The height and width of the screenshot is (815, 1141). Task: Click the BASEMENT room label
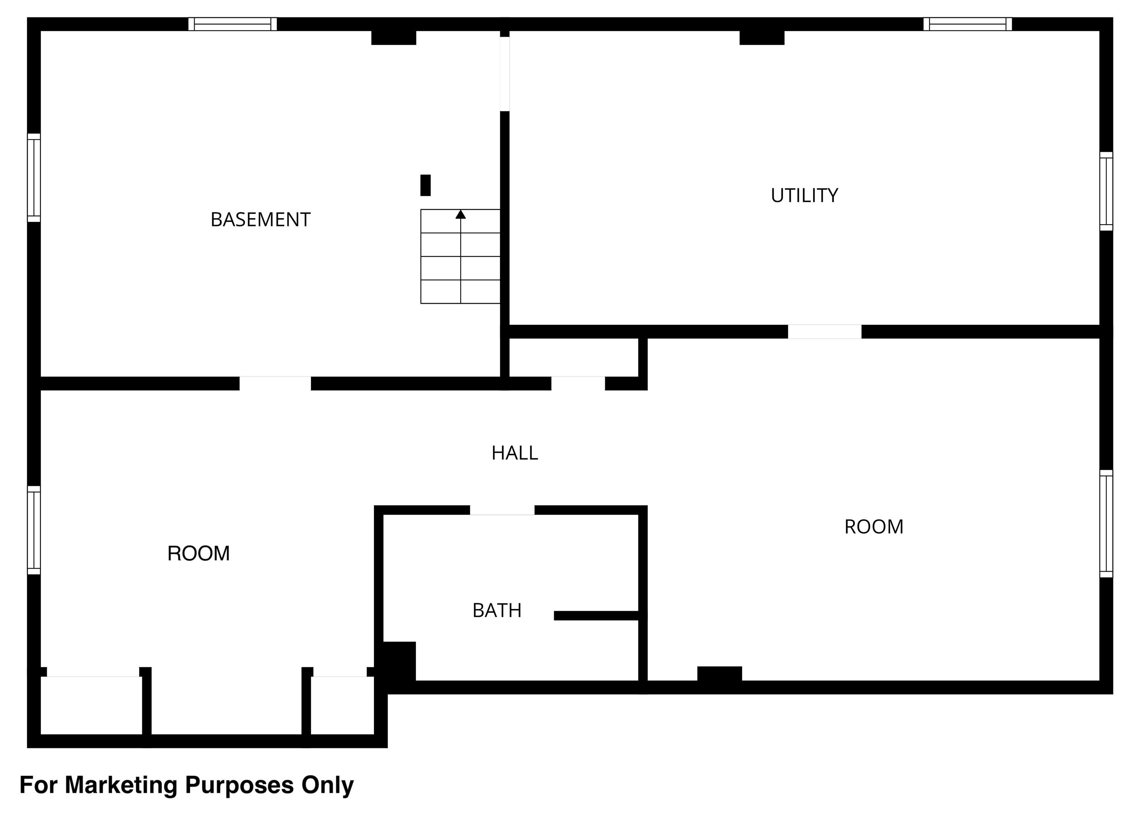tap(260, 219)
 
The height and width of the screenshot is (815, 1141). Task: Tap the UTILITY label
tap(804, 195)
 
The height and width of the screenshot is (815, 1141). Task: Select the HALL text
tap(514, 453)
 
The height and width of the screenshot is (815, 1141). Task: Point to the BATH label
tap(497, 610)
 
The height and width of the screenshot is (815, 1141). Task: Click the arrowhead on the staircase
tap(461, 214)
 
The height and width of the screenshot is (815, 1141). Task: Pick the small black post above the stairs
tap(425, 185)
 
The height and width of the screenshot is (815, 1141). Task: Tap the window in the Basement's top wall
tap(233, 24)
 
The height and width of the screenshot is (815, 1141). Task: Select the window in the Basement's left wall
tap(34, 178)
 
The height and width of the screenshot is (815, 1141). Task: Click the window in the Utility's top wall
tap(967, 24)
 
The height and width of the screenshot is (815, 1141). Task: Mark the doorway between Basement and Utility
tap(505, 74)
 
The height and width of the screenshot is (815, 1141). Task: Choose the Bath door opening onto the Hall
tap(502, 510)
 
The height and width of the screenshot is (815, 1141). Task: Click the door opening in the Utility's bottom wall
tap(825, 332)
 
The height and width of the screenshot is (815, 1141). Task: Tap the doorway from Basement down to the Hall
tap(275, 383)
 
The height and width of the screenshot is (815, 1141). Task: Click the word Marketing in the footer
tap(121, 785)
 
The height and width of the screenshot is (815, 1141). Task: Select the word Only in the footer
tap(328, 785)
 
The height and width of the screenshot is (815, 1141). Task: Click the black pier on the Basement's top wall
tap(394, 37)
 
